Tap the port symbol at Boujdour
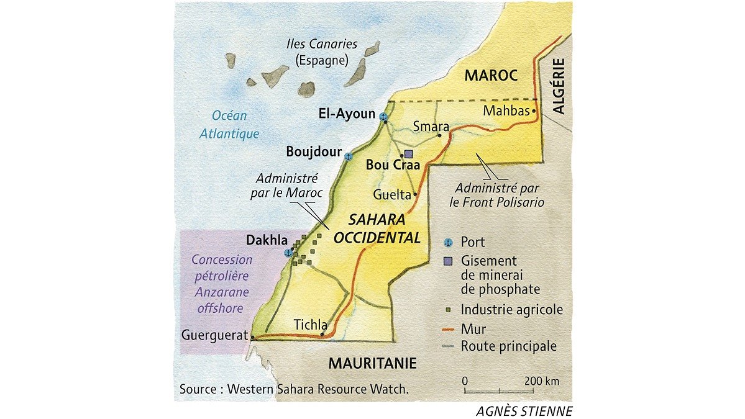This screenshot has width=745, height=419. (x=349, y=156)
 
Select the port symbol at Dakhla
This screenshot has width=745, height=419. (x=288, y=253)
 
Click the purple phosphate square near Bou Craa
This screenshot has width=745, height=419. (x=408, y=153)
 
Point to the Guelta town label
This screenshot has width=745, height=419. (x=391, y=194)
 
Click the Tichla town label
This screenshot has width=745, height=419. (x=309, y=324)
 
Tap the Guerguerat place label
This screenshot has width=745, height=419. (x=214, y=336)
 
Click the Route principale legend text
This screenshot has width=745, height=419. (x=509, y=346)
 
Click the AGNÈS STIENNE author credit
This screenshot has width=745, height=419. (x=524, y=410)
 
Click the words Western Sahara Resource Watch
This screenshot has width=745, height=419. (x=318, y=389)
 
